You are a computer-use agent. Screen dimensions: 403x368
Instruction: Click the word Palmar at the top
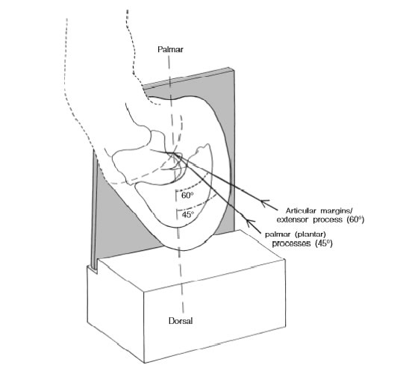point(170,49)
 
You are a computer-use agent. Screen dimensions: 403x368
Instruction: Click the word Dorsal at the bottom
point(181,321)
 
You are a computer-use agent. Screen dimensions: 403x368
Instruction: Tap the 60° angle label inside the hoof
point(187,196)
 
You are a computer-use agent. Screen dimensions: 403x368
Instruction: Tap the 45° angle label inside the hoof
point(187,214)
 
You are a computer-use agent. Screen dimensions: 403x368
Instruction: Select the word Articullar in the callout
point(301,211)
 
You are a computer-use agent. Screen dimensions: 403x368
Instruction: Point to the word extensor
point(293,220)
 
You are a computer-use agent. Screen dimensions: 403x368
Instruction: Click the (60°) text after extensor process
point(355,219)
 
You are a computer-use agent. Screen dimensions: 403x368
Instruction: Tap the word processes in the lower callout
point(291,243)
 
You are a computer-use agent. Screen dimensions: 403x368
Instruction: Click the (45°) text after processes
point(324,243)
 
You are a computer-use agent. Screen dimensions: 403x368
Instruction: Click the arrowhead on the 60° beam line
point(265,203)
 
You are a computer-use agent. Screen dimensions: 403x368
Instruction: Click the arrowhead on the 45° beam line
point(250,223)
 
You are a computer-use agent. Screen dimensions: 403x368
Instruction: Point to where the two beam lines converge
point(174,154)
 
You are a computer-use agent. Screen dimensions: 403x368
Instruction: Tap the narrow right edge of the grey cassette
point(231,149)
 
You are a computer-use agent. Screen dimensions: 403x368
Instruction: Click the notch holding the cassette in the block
point(93,269)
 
